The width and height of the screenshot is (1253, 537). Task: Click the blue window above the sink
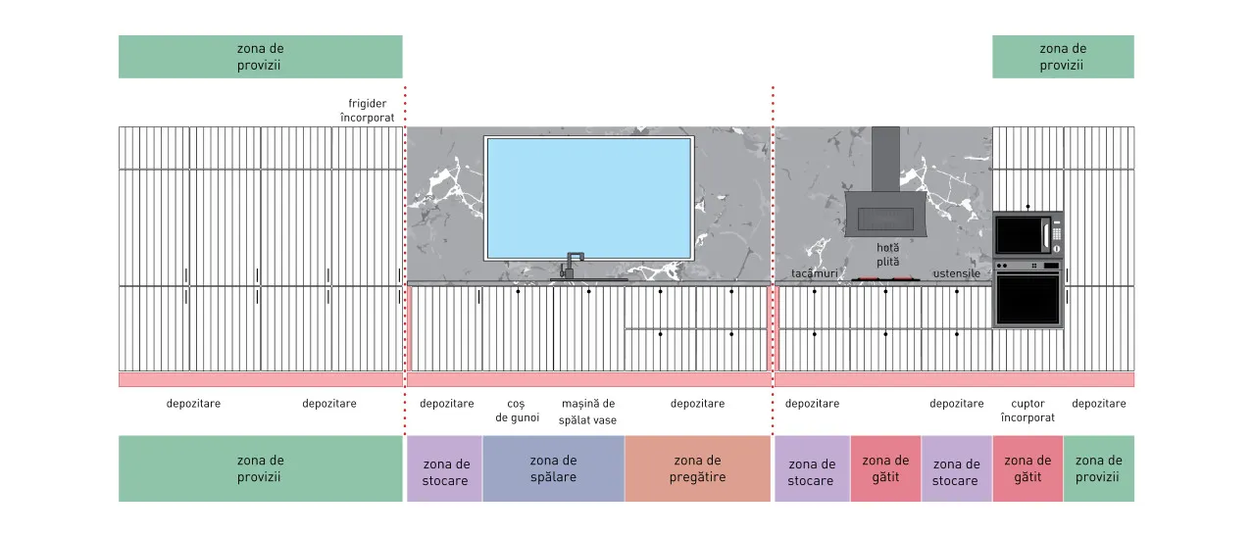pyautogui.click(x=589, y=199)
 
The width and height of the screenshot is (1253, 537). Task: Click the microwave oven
pyautogui.click(x=1028, y=235)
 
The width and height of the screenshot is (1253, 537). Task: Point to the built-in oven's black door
pyautogui.click(x=1027, y=300)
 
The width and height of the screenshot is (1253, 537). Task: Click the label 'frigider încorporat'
pyautogui.click(x=367, y=111)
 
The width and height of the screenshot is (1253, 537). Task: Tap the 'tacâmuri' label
pyautogui.click(x=815, y=273)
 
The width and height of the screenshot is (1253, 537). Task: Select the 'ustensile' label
pyautogui.click(x=957, y=273)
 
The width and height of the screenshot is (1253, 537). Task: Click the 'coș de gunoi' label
pyautogui.click(x=517, y=411)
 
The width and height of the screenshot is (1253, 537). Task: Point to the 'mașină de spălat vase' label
pyautogui.click(x=588, y=412)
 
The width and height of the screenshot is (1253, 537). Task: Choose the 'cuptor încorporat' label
pyautogui.click(x=1027, y=411)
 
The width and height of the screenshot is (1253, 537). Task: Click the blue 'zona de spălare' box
pyautogui.click(x=553, y=468)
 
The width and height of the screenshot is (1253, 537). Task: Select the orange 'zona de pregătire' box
pyautogui.click(x=697, y=468)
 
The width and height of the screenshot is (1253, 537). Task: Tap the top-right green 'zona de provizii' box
pyautogui.click(x=1063, y=57)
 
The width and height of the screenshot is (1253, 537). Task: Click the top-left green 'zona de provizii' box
pyautogui.click(x=260, y=57)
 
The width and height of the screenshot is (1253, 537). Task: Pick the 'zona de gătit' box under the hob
pyautogui.click(x=885, y=468)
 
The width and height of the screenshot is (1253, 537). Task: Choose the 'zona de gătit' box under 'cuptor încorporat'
pyautogui.click(x=1027, y=468)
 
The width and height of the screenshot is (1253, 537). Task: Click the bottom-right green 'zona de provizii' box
pyautogui.click(x=1099, y=468)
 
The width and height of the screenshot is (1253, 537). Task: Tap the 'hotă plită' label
pyautogui.click(x=887, y=254)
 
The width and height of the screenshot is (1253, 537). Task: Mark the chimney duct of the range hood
pyautogui.click(x=885, y=159)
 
